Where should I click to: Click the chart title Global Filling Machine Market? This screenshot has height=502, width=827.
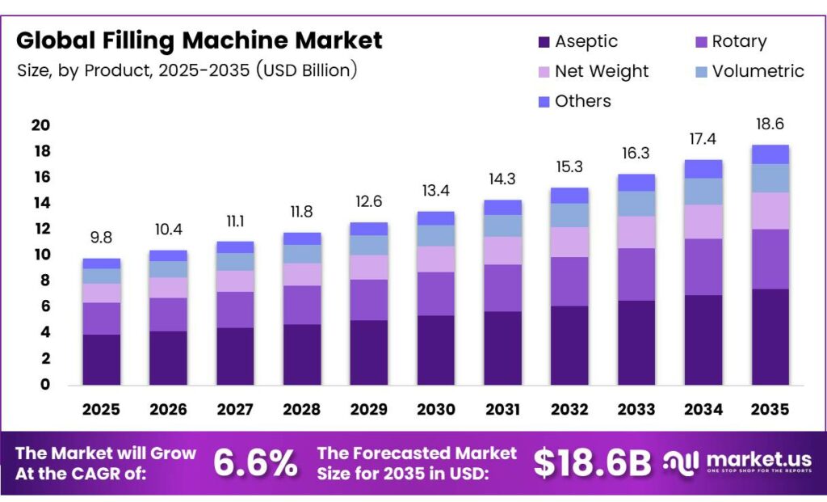coord(199,40)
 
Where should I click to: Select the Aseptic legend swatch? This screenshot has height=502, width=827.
coord(544,42)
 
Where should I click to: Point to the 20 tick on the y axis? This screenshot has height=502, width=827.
coord(40,125)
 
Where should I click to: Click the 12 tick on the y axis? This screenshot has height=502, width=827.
coord(40,229)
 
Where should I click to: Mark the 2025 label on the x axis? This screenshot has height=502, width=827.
coord(102,410)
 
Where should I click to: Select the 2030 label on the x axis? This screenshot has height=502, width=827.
coord(436,410)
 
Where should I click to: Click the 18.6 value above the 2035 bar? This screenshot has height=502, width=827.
coord(770,124)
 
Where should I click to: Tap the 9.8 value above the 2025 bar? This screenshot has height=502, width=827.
coord(102,238)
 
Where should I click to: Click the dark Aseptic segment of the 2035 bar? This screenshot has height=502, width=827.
coord(770,336)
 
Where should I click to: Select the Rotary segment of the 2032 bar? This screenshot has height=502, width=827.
coord(570,281)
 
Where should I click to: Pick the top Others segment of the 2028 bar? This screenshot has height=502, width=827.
coord(302,238)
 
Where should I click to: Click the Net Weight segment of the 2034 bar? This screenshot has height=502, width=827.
coord(703,221)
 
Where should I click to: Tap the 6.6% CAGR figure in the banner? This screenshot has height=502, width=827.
coord(255,463)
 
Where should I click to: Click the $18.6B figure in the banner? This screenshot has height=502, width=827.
coord(592,463)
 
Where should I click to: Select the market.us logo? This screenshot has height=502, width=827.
coord(737,462)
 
